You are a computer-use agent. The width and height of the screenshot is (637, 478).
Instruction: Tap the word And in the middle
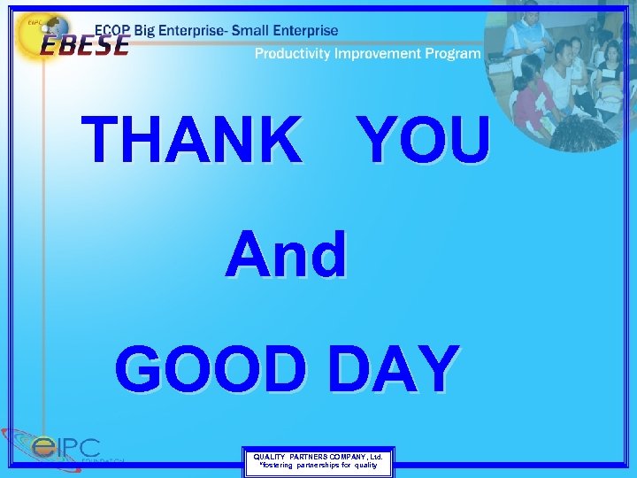pyautogui.click(x=286, y=255)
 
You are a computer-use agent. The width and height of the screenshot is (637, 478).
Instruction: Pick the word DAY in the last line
pyautogui.click(x=394, y=369)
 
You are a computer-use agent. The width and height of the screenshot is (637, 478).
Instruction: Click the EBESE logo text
pyautogui.click(x=84, y=44)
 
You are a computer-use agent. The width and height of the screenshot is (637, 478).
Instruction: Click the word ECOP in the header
pyautogui.click(x=112, y=30)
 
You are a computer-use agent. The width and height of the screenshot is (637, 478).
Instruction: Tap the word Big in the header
pyautogui.click(x=148, y=31)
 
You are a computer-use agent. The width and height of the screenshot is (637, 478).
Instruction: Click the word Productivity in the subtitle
pyautogui.click(x=296, y=54)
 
